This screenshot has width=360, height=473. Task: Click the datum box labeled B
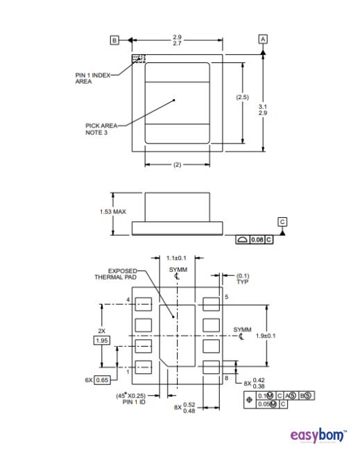[x=114, y=40]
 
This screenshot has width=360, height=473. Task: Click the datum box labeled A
[x=262, y=40]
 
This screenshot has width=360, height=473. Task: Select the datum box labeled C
[x=282, y=221]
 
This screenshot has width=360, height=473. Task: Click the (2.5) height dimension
[x=242, y=97]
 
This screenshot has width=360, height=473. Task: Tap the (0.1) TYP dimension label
[x=243, y=279]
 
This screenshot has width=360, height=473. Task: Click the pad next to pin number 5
[x=211, y=303]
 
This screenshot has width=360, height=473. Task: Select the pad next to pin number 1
[x=143, y=368]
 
